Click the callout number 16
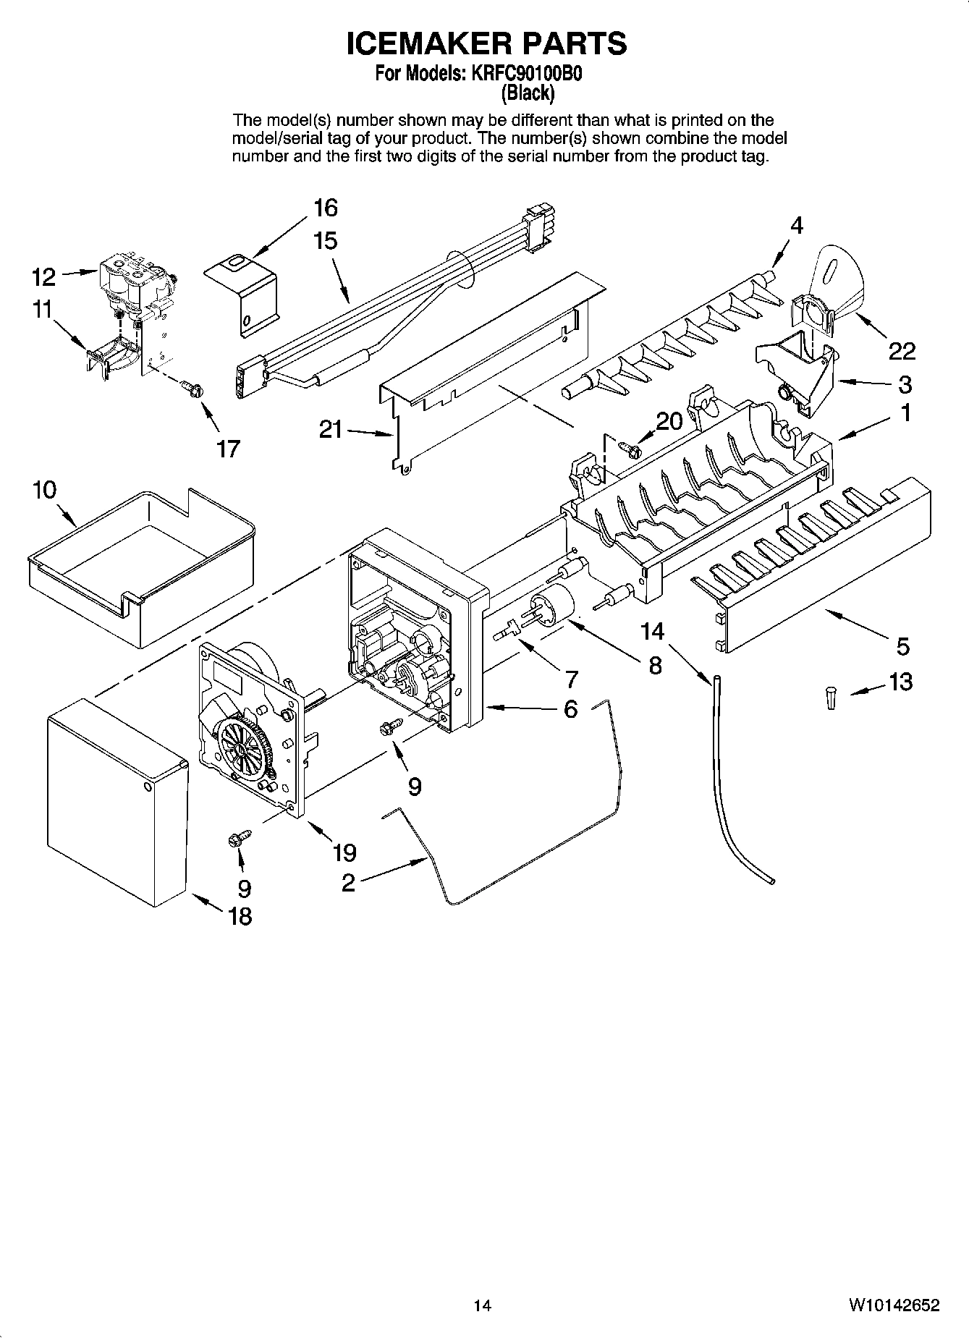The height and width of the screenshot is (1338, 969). [326, 208]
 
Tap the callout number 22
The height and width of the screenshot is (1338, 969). [902, 352]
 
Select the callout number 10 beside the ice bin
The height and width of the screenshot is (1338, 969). [44, 490]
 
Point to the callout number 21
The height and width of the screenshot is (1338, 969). [331, 430]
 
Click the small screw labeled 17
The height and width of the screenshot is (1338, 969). [193, 389]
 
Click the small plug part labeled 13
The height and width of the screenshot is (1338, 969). [831, 699]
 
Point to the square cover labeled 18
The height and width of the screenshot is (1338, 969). [116, 803]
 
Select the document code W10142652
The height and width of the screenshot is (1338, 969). [894, 1306]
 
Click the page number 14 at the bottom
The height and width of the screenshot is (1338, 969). [483, 1306]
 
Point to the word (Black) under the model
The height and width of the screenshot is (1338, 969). [528, 93]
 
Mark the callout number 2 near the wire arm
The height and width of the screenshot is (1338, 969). [348, 883]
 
